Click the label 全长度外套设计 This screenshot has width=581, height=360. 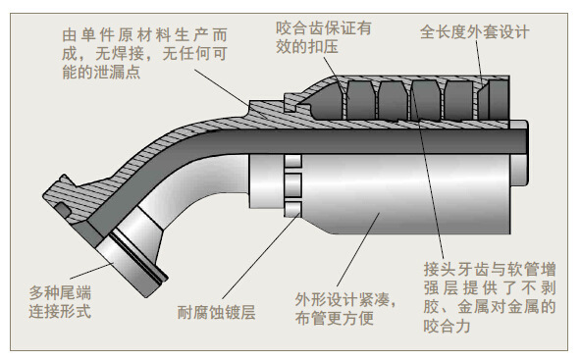click(475, 32)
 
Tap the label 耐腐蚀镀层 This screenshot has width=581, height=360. click(216, 312)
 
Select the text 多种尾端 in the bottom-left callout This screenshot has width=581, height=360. click(60, 292)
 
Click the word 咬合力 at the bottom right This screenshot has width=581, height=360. click(448, 326)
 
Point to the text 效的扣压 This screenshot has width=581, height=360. click(307, 47)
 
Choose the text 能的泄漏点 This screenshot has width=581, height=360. click(101, 72)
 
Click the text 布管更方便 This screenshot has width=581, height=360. click(335, 318)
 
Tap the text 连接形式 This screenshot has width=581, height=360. click(60, 311)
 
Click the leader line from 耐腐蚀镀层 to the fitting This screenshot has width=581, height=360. click(261, 256)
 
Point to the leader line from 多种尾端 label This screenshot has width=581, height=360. click(91, 271)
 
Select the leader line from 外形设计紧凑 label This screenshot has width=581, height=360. click(358, 249)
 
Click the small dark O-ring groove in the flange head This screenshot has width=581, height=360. click(62, 210)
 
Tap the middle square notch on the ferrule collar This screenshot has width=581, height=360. click(292, 182)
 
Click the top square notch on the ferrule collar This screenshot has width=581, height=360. click(292, 161)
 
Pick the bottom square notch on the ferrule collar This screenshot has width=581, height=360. click(292, 209)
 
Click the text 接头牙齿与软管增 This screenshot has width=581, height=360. click(490, 269)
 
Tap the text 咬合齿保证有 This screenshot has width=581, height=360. click(324, 27)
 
